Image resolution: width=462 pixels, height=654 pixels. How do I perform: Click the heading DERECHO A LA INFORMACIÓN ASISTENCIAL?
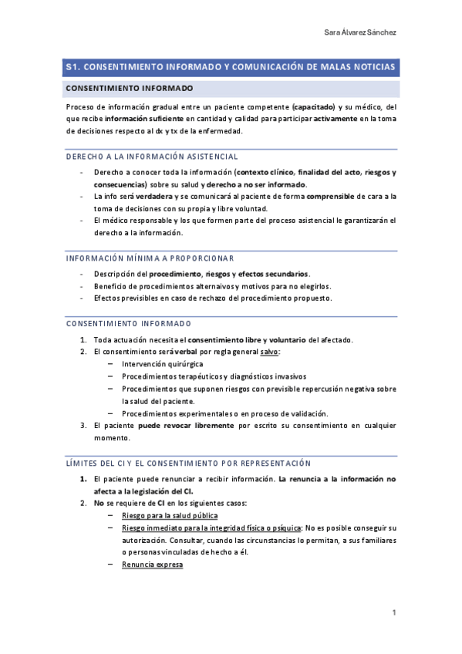click(146, 157)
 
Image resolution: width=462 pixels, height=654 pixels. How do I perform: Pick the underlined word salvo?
click(269, 352)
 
